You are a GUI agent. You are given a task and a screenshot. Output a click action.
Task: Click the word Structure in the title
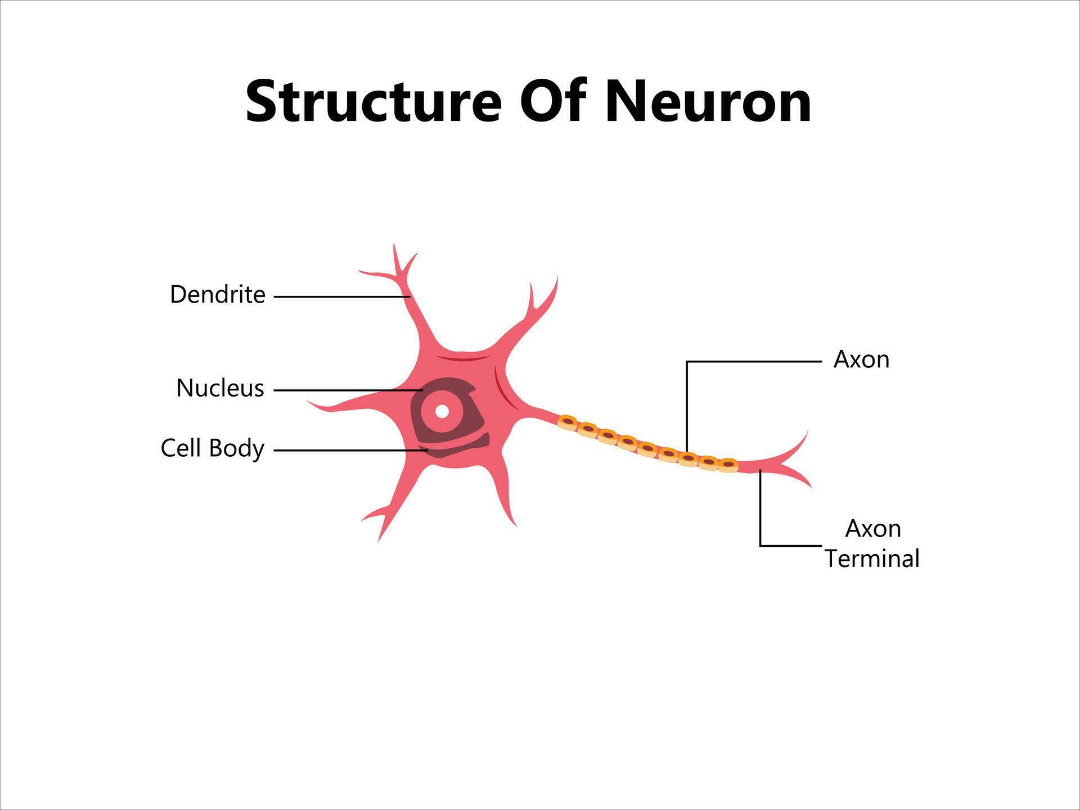[x=373, y=102]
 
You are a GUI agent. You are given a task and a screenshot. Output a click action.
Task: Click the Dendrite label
[x=217, y=295]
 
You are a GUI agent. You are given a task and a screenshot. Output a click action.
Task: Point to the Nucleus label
[x=220, y=388]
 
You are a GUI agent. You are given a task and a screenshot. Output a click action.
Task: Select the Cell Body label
[x=212, y=448]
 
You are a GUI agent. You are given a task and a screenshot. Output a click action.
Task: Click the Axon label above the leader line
[x=861, y=359]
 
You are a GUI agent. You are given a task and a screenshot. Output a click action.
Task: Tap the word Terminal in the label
[x=872, y=559]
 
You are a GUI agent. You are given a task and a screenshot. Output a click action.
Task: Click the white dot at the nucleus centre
[x=442, y=411]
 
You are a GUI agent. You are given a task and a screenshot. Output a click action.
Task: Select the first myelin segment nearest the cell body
[x=568, y=421]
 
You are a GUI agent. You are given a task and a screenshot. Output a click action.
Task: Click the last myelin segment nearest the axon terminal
[x=728, y=465]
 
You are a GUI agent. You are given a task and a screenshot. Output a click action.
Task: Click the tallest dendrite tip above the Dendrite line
[x=394, y=246]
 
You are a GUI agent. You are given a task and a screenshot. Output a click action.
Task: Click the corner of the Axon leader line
[x=687, y=362]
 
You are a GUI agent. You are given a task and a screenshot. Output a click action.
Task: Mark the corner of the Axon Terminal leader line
[x=760, y=545]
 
